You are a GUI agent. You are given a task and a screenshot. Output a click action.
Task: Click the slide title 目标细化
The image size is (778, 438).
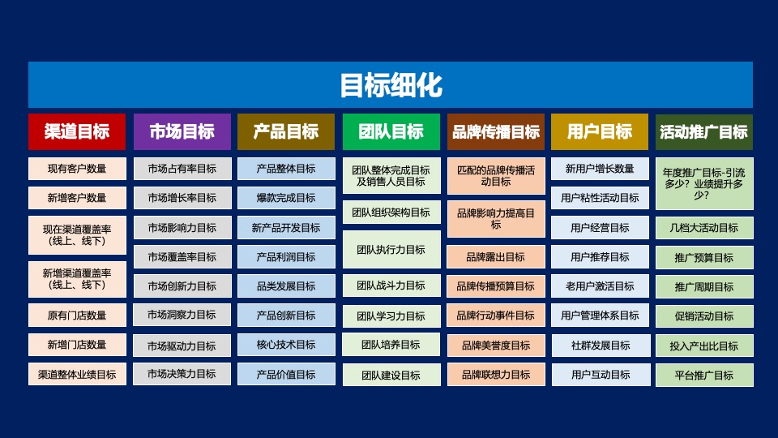point(390,85)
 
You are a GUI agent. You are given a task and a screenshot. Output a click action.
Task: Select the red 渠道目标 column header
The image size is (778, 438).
point(77,131)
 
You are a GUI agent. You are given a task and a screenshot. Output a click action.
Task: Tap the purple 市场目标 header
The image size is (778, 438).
point(182,131)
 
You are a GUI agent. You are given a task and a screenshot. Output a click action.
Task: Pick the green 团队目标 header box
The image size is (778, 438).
point(391,131)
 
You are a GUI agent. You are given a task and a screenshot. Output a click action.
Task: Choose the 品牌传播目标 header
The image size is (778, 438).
point(495,131)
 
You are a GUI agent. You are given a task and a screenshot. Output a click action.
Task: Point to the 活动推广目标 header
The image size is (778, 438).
point(703,131)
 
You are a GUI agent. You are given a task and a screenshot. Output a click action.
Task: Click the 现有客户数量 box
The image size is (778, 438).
point(77,169)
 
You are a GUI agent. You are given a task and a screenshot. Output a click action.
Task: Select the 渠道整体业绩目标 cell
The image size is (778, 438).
point(77,374)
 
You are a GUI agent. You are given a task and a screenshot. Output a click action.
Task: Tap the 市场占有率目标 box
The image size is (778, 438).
point(182,169)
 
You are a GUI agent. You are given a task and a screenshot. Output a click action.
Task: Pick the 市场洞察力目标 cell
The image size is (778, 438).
point(182,315)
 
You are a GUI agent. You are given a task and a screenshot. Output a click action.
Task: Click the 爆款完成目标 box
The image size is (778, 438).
point(286,198)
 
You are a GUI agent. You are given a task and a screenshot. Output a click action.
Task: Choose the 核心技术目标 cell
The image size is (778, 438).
point(286,345)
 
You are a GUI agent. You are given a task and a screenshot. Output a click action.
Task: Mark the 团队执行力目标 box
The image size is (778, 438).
point(391,250)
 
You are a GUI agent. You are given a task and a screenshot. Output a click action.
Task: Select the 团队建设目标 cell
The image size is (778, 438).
point(391,375)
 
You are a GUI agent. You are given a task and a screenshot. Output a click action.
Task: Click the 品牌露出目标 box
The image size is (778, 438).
point(495,257)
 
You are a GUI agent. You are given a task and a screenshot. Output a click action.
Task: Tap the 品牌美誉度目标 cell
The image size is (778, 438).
point(495,346)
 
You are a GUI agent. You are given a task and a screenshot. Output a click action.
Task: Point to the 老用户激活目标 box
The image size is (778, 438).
point(600,286)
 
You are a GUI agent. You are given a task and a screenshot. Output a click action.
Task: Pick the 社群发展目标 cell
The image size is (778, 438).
point(600,345)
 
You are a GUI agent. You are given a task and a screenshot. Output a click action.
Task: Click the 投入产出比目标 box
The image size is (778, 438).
point(703,346)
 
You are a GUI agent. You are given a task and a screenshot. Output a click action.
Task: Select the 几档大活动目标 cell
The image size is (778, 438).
point(703,228)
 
